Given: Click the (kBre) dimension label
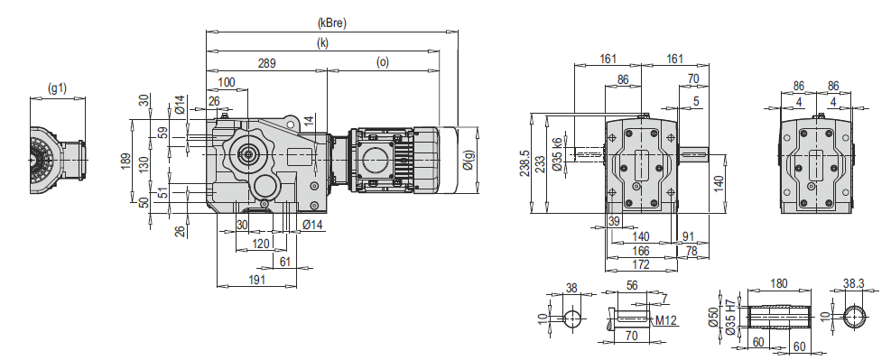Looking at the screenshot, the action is click(x=332, y=23).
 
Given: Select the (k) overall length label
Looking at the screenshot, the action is click(x=323, y=43).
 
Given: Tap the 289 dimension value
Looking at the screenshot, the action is click(x=266, y=63).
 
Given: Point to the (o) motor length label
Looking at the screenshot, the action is click(x=383, y=62).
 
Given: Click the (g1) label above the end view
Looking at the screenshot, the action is click(x=58, y=88).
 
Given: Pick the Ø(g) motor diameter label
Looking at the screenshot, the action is click(x=469, y=160).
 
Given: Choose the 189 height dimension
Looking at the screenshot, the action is click(x=126, y=162).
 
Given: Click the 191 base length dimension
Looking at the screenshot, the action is click(x=257, y=280).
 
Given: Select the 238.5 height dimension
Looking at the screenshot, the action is click(x=524, y=163).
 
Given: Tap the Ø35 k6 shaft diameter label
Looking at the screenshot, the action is click(x=557, y=155).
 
